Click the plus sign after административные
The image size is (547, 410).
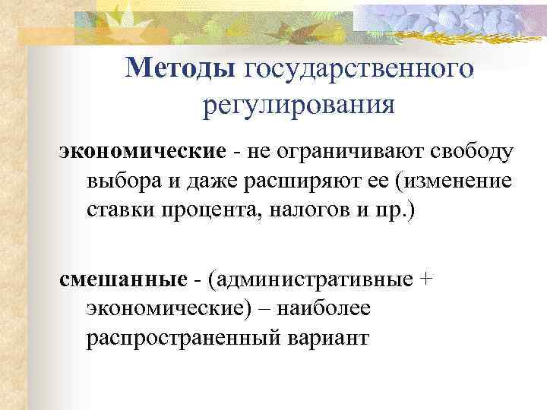(x=426, y=280)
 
